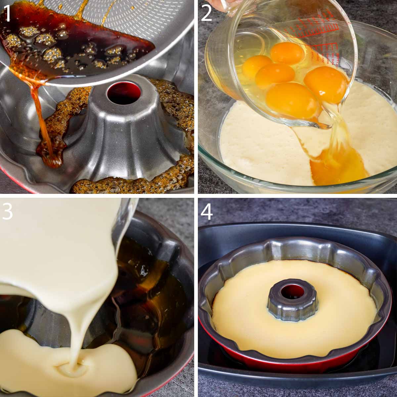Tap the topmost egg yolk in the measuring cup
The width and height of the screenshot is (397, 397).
[x=287, y=53]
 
